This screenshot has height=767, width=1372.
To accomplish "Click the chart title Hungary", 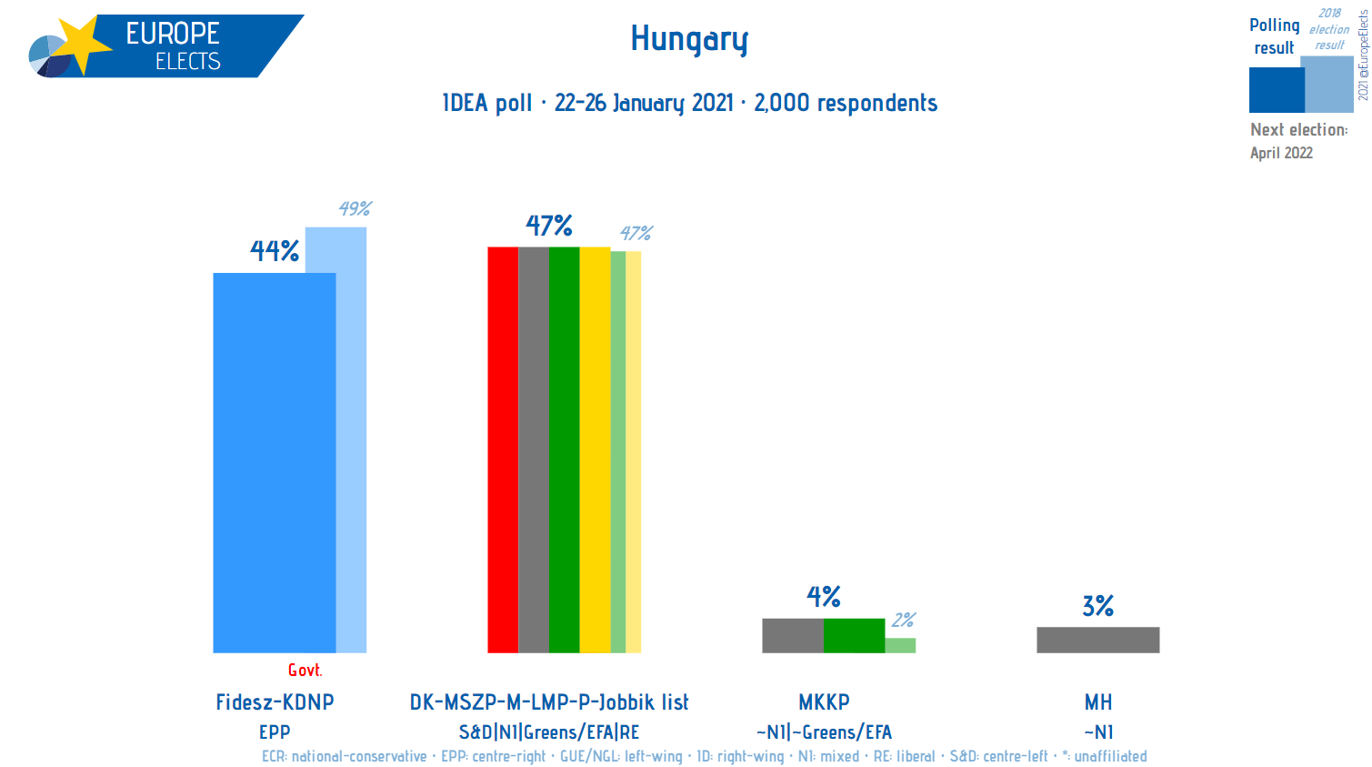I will tap(689, 39).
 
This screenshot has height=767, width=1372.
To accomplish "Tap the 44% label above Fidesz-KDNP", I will tap(275, 251).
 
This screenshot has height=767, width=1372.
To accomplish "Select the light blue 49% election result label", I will tap(355, 208).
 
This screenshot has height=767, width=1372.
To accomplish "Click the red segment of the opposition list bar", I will tap(503, 449).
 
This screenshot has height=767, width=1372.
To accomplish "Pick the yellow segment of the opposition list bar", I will tap(595, 449).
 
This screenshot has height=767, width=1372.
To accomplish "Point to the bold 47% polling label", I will tap(549, 226).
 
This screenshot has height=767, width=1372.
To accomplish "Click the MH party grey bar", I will tap(1097, 640).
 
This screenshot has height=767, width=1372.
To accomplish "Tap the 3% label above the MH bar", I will tap(1097, 606).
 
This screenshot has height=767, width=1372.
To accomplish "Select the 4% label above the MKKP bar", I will tap(824, 597).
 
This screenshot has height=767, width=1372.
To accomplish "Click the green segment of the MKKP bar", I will tap(854, 635).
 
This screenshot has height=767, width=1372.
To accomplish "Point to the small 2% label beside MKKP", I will tap(903, 620).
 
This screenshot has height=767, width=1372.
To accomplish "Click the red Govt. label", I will tap(305, 671).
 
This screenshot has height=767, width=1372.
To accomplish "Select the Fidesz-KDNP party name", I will tap(275, 702).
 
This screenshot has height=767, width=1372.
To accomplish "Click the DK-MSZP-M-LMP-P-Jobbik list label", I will tap(549, 702).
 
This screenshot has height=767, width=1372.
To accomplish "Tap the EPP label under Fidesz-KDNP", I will tap(275, 732).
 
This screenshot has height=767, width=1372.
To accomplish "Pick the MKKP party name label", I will tap(824, 702).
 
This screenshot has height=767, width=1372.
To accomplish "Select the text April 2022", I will tap(1281, 153).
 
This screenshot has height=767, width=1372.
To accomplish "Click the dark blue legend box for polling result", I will tap(1276, 90).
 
